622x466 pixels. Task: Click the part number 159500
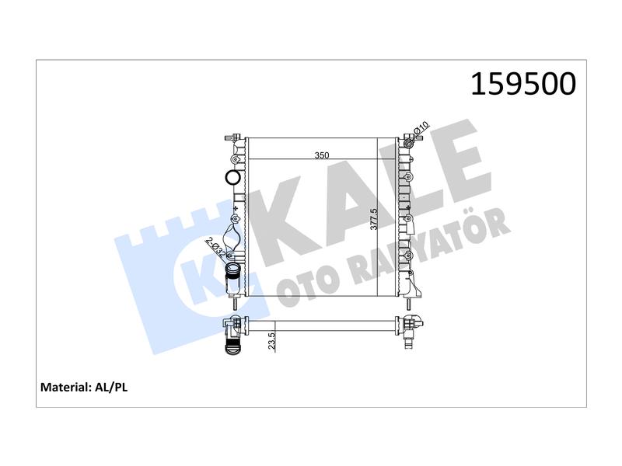(522, 84)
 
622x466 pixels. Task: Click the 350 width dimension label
(322, 155)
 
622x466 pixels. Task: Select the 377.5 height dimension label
(373, 219)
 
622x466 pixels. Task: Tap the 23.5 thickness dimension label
(271, 341)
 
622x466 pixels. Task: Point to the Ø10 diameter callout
(421, 128)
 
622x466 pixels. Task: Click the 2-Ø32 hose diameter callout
(216, 247)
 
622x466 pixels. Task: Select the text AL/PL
(111, 387)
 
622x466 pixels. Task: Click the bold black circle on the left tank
(232, 177)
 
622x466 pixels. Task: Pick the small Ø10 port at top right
(409, 142)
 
